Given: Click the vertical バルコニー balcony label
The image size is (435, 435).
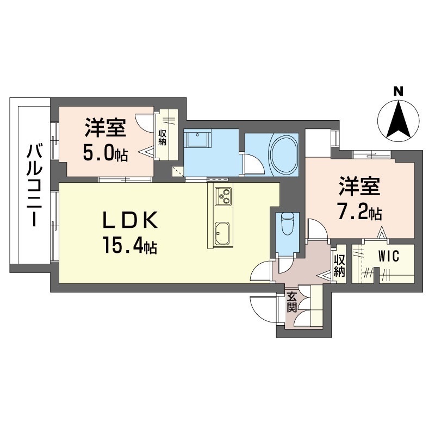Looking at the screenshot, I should click(35, 184).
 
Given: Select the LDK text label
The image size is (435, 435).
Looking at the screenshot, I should click(130, 222).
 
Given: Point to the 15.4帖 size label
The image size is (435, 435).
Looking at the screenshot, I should click(128, 246).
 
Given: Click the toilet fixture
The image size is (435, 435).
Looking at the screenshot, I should click(287, 222).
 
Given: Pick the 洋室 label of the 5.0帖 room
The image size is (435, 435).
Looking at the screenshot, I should click(105, 129).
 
